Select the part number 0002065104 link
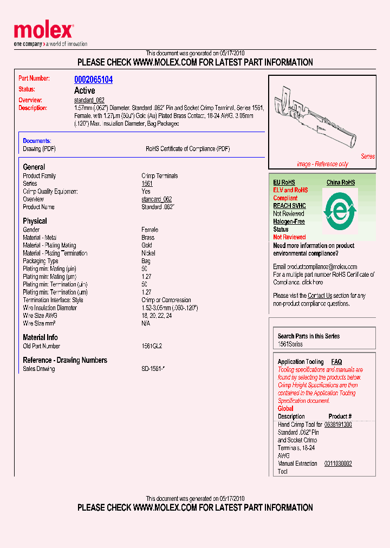coord(93,80)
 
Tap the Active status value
coord(84,90)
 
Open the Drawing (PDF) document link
coord(39,148)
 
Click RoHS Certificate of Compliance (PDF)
coord(187,148)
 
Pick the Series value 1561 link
coord(147,184)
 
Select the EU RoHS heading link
coord(284,182)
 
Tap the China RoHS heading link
coord(340,182)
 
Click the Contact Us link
coord(320,296)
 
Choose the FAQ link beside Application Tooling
coord(336,362)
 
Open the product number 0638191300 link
coord(338,425)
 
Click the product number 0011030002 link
coord(338,464)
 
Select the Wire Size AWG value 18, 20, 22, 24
coord(157,316)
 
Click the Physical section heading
coord(35,221)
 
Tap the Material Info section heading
coord(40,337)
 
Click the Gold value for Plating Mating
coord(147,245)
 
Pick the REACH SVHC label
coord(289,206)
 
